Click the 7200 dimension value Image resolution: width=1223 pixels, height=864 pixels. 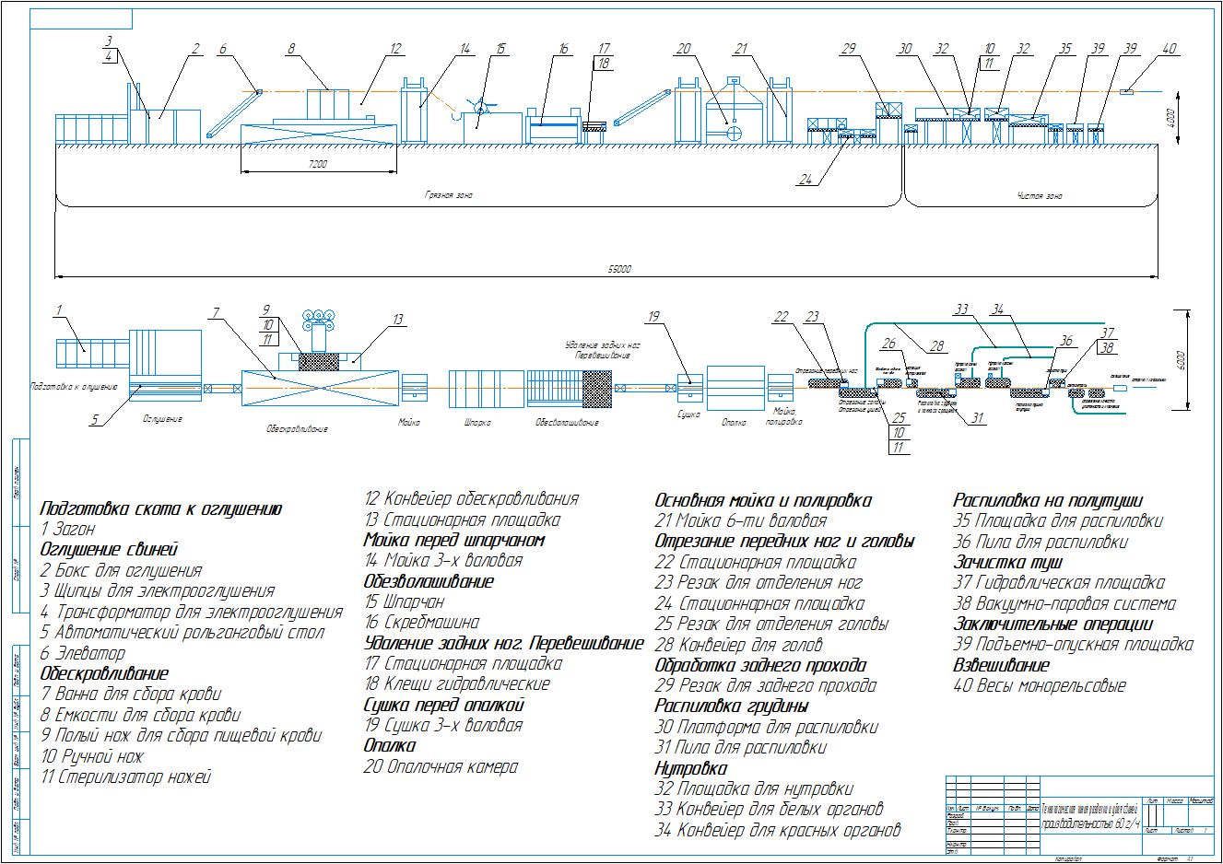(319, 164)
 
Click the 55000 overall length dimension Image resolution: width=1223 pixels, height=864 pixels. (619, 269)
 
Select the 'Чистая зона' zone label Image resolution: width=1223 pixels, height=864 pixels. (1040, 196)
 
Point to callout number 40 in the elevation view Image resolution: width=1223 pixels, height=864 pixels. (1169, 49)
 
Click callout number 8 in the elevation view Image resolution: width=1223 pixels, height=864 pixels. (291, 49)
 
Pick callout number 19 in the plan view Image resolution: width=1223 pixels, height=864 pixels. (653, 317)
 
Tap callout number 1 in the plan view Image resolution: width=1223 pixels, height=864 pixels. (60, 310)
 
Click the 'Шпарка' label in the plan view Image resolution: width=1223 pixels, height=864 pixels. (474, 423)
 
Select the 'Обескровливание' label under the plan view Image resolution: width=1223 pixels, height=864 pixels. (297, 428)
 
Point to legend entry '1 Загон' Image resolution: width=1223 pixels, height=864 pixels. (68, 530)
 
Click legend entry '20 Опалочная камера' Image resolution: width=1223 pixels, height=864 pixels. (441, 766)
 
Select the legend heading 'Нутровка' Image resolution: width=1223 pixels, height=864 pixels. (690, 768)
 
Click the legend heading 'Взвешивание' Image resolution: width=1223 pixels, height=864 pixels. (1000, 665)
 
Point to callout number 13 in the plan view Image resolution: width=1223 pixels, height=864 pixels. (397, 320)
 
